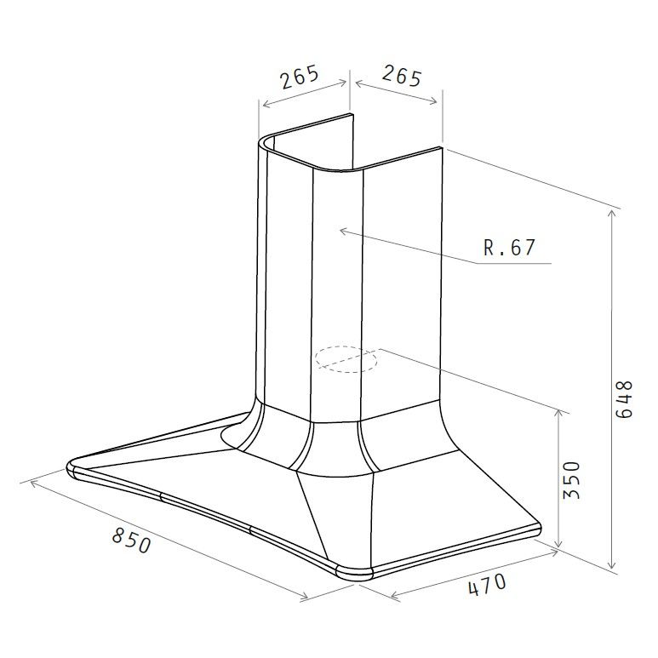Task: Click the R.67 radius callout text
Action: pyautogui.click(x=510, y=248)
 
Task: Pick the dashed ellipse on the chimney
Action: pyautogui.click(x=346, y=359)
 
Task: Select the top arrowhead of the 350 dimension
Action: pyautogui.click(x=558, y=411)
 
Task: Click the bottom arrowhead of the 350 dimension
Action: pyautogui.click(x=558, y=546)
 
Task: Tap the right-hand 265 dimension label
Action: pyautogui.click(x=401, y=77)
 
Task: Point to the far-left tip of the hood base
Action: pyautogui.click(x=68, y=467)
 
